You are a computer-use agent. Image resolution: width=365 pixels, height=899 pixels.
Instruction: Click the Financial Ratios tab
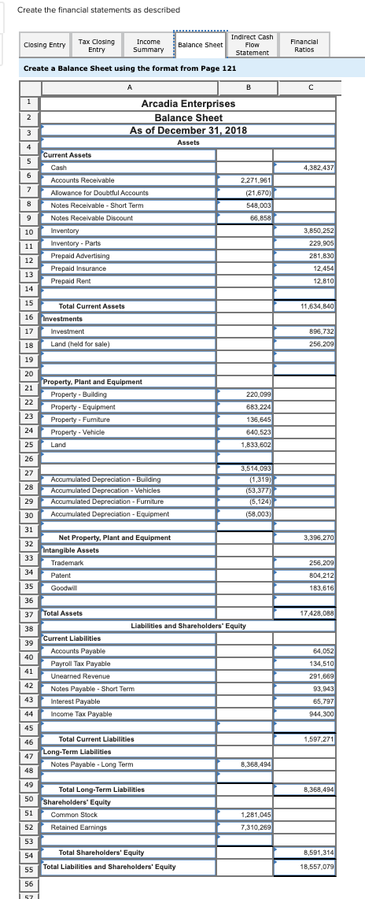(x=304, y=45)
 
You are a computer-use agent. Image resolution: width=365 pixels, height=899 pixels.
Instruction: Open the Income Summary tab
(x=149, y=45)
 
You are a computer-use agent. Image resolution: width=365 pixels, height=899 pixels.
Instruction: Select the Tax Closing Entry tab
(x=97, y=45)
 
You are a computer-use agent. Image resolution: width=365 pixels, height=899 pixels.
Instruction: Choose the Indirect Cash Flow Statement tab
(x=253, y=45)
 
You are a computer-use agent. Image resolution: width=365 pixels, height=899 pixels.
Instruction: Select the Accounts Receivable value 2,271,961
(x=245, y=180)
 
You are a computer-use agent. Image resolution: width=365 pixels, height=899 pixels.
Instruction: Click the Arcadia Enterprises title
(x=188, y=104)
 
